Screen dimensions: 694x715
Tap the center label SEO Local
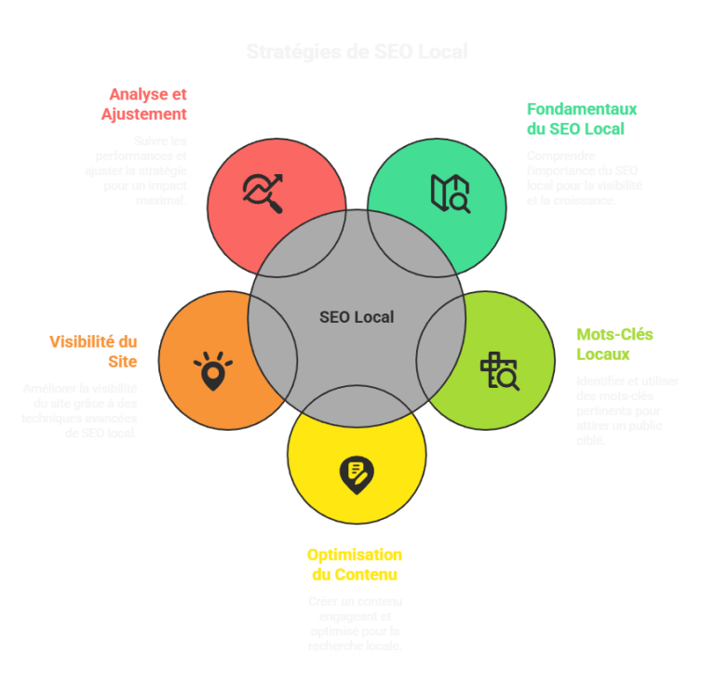(357, 317)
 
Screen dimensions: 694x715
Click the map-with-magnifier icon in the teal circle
(450, 193)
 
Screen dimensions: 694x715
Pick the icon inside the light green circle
(499, 370)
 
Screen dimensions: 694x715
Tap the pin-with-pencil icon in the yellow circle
(356, 474)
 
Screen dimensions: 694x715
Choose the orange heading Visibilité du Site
(93, 351)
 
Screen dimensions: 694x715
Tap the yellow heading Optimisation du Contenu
(355, 565)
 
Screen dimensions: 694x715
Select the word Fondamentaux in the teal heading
(581, 108)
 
